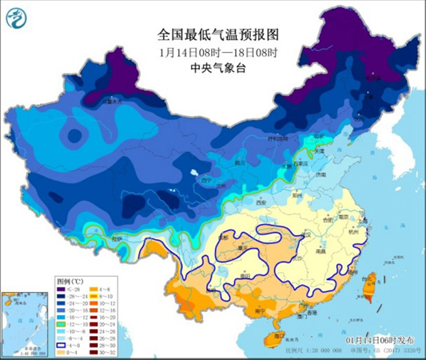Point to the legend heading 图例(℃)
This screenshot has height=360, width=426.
(x=70, y=282)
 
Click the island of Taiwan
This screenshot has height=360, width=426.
(x=371, y=283)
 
